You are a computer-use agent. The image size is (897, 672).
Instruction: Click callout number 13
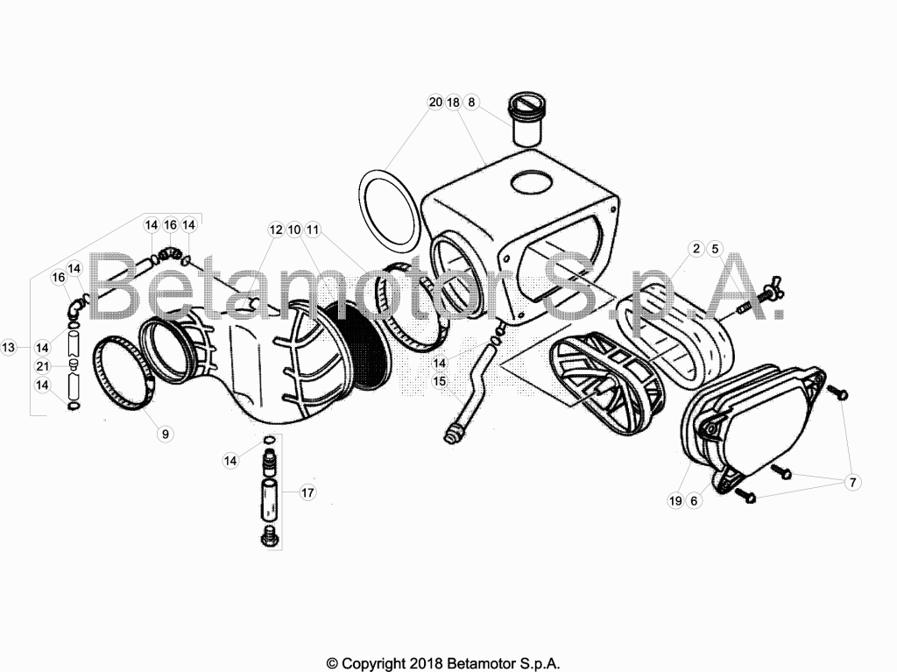[9, 347]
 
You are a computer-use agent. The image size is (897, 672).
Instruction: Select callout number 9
[166, 434]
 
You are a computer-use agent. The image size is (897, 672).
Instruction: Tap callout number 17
[307, 492]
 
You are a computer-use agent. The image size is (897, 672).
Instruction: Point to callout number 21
[42, 366]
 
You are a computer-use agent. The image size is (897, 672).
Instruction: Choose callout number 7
[852, 483]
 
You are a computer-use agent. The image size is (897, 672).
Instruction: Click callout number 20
[436, 102]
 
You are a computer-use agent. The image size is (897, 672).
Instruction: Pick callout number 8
[471, 102]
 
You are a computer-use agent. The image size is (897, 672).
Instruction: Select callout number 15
[440, 381]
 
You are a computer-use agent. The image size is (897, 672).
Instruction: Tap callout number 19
[675, 501]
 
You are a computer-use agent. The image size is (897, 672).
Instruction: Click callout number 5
[715, 249]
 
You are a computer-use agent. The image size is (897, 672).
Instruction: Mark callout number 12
[276, 230]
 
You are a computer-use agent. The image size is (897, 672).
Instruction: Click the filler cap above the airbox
[526, 121]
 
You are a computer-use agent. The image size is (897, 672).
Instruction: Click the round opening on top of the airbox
[532, 181]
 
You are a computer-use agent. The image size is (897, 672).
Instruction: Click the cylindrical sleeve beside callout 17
[270, 499]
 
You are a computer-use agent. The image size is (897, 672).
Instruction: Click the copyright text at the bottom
[442, 664]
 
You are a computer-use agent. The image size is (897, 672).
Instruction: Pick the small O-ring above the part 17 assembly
[270, 440]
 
